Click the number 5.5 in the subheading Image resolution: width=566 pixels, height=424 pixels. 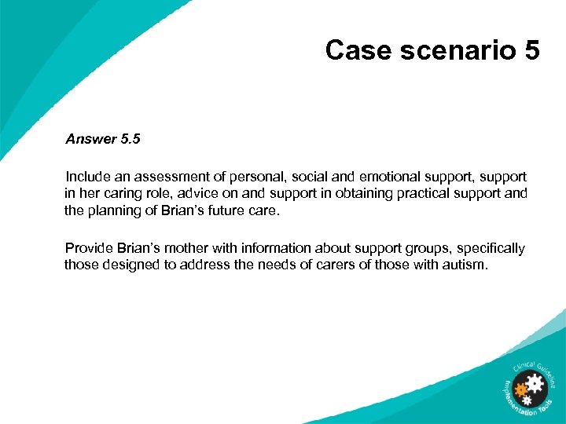point(130,140)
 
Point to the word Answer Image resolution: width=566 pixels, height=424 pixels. point(90,140)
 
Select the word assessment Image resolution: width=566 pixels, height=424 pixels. point(168,177)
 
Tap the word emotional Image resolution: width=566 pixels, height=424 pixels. point(376,177)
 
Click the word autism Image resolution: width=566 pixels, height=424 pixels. point(465,265)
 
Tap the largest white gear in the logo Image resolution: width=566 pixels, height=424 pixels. point(534,383)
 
